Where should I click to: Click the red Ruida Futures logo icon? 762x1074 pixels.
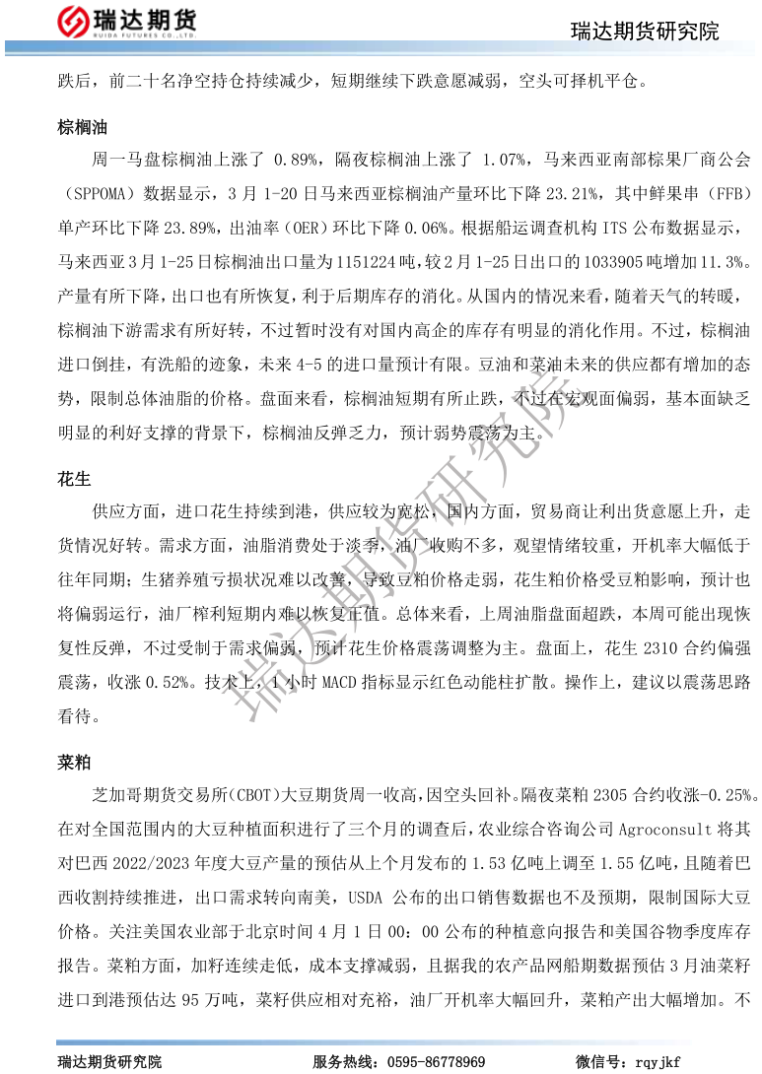coord(74,21)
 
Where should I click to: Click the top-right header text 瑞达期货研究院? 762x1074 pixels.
coord(645,32)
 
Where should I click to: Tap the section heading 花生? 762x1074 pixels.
coord(74,480)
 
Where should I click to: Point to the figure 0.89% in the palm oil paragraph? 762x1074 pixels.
coord(295,159)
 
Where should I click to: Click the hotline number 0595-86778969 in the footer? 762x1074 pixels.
coord(436,1061)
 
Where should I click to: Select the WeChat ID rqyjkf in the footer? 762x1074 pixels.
coord(658,1061)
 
